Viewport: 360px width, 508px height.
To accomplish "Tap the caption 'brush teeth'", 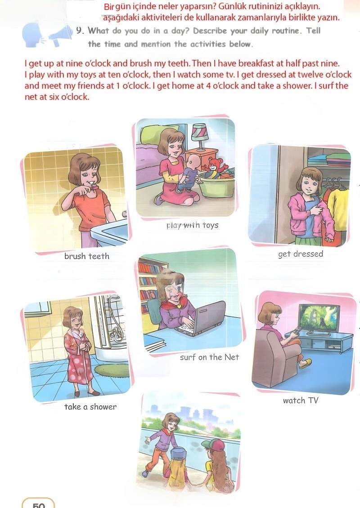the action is click(x=86, y=256).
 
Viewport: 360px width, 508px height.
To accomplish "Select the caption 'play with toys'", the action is click(x=192, y=225).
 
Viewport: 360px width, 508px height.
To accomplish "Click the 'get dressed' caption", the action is click(x=301, y=254).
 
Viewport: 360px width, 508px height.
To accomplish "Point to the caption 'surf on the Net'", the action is click(x=210, y=357).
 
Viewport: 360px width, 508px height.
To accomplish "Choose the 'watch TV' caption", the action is click(x=301, y=401).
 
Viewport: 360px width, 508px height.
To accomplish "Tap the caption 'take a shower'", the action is click(x=90, y=407).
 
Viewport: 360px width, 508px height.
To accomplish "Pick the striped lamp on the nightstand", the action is click(x=200, y=136).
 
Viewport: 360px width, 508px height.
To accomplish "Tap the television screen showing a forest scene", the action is click(x=319, y=317).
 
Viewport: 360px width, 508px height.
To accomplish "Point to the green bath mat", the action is click(x=112, y=370).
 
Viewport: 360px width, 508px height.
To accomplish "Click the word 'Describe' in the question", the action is click(x=210, y=31).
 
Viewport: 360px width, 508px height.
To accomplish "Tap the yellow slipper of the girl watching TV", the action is click(x=305, y=363).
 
